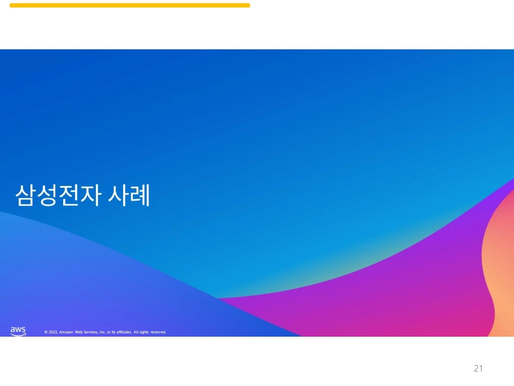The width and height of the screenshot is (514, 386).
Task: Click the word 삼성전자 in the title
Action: (57, 196)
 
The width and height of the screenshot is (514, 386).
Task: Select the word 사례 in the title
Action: (130, 196)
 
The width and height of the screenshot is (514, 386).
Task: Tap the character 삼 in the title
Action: (25, 196)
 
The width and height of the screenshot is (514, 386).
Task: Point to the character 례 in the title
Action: (141, 196)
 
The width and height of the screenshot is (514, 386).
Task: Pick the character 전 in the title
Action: (68, 196)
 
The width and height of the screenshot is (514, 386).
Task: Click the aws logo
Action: (18, 331)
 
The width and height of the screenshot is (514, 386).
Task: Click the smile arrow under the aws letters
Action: (18, 335)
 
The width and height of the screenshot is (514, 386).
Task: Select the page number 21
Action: (478, 368)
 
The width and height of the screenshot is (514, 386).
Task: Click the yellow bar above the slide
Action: (130, 5)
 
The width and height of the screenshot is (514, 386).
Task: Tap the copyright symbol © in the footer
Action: (46, 332)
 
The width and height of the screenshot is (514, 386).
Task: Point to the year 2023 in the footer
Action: (53, 332)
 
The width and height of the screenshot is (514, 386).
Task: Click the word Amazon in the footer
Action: (66, 332)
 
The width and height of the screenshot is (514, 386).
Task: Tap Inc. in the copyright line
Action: (102, 332)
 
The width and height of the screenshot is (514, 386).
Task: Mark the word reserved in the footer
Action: (158, 332)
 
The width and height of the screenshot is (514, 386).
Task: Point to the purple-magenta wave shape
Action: (385, 300)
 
